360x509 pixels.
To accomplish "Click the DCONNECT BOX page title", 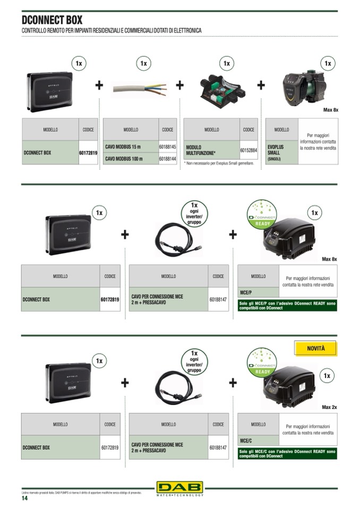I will (52, 20).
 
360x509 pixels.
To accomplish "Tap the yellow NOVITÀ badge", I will (315, 349).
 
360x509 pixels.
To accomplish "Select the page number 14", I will (24, 498).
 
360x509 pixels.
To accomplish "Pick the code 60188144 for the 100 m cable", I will (167, 158).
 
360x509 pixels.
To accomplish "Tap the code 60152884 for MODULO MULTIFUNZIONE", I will (248, 151).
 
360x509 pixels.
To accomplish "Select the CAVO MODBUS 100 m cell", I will (130, 158).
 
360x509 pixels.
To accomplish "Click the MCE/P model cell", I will (258, 292).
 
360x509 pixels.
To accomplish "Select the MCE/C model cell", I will (258, 441).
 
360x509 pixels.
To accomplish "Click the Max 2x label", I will (329, 407).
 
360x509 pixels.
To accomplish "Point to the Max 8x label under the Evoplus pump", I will (331, 110).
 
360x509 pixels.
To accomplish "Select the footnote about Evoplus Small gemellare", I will (219, 163).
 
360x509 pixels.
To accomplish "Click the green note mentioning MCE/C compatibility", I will (287, 453).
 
